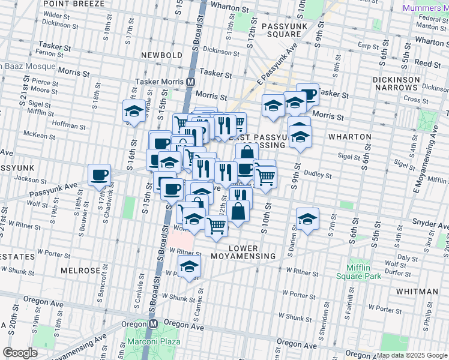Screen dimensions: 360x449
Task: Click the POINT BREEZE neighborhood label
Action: coord(73,4)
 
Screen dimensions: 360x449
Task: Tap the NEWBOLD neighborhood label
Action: coord(161,55)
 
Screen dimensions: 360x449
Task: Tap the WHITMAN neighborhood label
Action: coord(417,292)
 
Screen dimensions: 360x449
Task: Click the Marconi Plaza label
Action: coord(151,343)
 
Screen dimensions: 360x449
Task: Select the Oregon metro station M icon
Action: coord(152,323)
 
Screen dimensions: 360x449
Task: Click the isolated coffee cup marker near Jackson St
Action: coord(99,175)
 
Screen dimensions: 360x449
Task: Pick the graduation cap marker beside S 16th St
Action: coord(134,110)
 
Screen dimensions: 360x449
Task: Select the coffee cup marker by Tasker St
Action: coord(307,94)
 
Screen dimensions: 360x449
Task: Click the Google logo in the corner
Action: coord(20,353)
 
